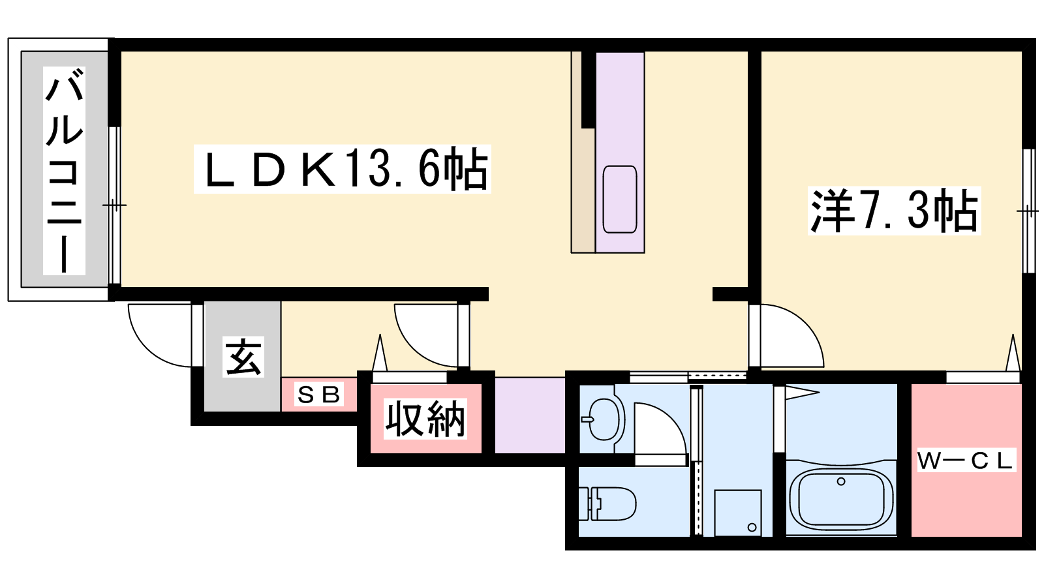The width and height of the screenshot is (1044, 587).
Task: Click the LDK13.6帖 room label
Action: pyautogui.click(x=342, y=169)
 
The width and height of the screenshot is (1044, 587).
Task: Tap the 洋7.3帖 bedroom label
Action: pyautogui.click(x=894, y=211)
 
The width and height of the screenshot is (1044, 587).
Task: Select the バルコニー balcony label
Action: pyautogui.click(x=65, y=170)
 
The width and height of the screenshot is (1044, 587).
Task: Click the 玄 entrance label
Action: pyautogui.click(x=243, y=356)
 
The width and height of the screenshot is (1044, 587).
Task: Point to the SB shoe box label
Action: pyautogui.click(x=319, y=395)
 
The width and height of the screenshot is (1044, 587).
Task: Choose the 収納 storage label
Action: pyautogui.click(x=425, y=419)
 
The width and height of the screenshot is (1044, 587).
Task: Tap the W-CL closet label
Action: pyautogui.click(x=966, y=460)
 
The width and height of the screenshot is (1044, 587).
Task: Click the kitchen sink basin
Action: pyautogui.click(x=620, y=200)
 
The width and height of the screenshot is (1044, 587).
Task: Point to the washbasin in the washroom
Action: pyautogui.click(x=603, y=419)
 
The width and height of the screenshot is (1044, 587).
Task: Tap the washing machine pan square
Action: pyautogui.click(x=738, y=513)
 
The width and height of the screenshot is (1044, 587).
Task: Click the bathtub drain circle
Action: pyautogui.click(x=841, y=481)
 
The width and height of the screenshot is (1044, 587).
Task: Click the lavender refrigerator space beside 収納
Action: pyautogui.click(x=530, y=415)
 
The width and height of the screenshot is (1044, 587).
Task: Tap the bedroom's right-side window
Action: pyautogui.click(x=1028, y=211)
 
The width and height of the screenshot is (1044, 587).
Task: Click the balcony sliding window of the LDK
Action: pyautogui.click(x=115, y=205)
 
